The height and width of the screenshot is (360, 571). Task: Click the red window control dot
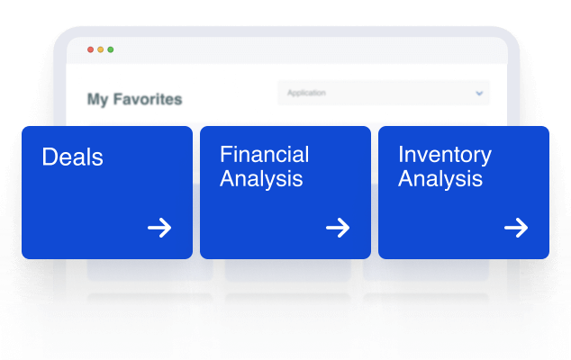90,49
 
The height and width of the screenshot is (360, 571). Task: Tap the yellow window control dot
101,49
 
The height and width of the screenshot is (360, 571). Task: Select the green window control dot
111,49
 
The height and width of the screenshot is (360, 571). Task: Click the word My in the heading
97,99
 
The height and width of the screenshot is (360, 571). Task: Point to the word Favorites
148,99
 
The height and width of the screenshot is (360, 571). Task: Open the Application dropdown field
384,93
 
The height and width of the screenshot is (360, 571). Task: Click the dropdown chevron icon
479,94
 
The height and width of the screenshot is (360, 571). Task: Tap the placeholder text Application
306,94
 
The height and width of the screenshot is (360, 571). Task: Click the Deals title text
72,157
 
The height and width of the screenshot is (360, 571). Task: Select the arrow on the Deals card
159,228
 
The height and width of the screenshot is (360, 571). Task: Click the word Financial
265,154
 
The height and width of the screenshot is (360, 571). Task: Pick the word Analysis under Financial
261,179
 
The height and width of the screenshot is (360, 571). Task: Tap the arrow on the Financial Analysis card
338,228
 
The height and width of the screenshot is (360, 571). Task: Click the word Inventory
445,156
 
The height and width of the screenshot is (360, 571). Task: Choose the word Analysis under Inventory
440,179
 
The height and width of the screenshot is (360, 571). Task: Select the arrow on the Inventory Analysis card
516,228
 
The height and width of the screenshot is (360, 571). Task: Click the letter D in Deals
50,157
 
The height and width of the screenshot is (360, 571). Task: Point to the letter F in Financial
226,154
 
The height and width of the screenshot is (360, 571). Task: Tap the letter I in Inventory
401,154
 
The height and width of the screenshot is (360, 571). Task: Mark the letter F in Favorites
118,99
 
